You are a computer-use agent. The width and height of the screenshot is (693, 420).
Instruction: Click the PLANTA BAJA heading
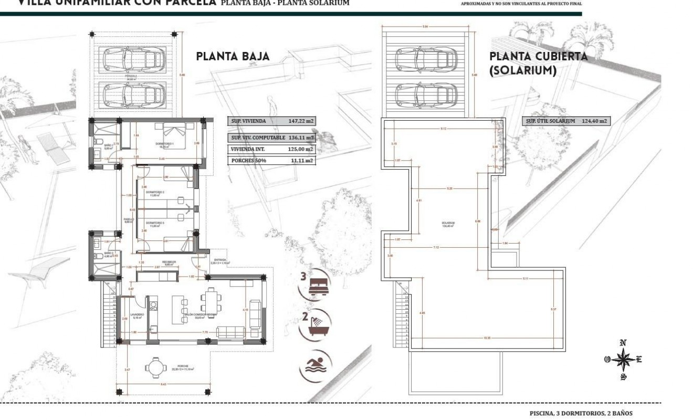pyautogui.click(x=233, y=57)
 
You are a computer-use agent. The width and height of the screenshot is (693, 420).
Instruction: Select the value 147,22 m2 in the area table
pyautogui.click(x=301, y=121)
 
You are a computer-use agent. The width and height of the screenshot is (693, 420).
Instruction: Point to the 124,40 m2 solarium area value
pyautogui.click(x=594, y=121)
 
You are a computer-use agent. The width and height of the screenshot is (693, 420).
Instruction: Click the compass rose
pyautogui.click(x=623, y=360)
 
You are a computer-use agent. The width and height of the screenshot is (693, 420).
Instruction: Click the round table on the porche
pyautogui.click(x=154, y=367)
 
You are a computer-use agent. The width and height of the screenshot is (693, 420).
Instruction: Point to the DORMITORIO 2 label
pyautogui.click(x=155, y=193)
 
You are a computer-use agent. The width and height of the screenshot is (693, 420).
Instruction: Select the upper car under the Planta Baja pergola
pyautogui.click(x=132, y=59)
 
